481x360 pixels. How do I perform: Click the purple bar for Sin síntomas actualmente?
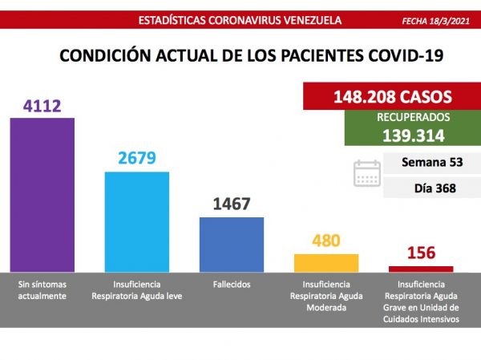click(42, 196)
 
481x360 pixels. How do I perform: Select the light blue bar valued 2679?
click(137, 223)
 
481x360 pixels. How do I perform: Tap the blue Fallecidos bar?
click(232, 245)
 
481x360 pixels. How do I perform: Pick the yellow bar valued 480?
click(326, 264)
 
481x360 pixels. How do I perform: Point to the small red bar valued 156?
click(421, 269)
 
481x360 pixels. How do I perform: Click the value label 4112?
click(42, 106)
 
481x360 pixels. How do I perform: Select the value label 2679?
click(137, 160)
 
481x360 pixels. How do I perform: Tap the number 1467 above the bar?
click(232, 204)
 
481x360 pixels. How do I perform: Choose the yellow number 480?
click(326, 241)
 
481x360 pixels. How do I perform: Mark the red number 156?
click(421, 253)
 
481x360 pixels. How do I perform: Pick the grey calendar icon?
click(367, 173)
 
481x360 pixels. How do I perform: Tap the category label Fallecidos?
click(232, 285)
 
